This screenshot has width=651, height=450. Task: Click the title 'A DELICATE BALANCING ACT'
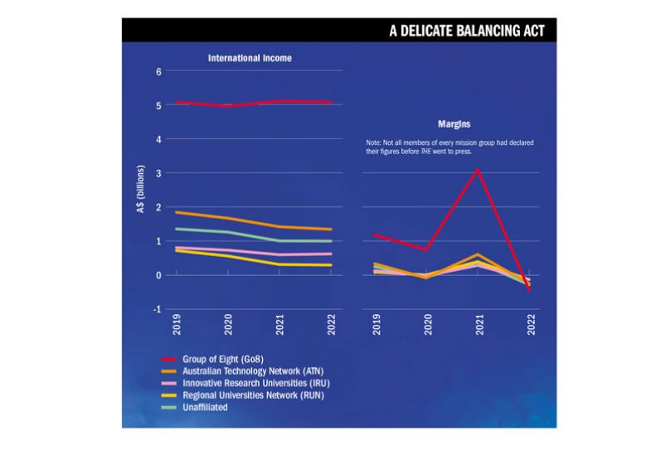467,31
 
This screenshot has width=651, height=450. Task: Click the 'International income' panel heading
250,59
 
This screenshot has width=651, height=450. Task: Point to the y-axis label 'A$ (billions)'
141,190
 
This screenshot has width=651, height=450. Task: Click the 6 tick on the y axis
158,71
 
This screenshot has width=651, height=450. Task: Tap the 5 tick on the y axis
158,105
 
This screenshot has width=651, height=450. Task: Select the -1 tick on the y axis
157,309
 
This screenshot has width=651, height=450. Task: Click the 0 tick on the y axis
158,275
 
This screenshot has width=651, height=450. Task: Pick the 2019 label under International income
177,324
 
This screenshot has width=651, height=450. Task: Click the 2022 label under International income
331,324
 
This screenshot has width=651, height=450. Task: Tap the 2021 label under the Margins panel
479,324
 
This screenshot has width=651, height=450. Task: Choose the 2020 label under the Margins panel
428,324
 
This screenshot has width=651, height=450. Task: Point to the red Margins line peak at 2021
479,170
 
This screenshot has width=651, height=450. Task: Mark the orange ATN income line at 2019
177,212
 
